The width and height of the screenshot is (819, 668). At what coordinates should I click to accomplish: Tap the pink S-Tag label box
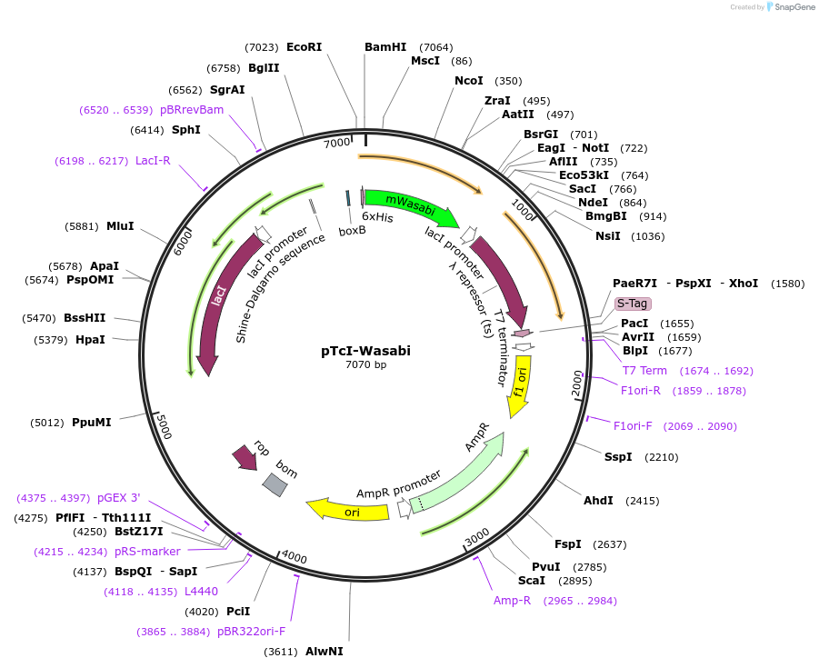pos(633,304)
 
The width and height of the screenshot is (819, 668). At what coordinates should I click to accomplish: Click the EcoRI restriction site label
pos(304,47)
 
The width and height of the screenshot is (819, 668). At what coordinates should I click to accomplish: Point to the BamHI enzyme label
pos(385,47)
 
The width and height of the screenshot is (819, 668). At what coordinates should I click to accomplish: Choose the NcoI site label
pos(469,81)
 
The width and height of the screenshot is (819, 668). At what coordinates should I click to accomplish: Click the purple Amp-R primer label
pos(512,601)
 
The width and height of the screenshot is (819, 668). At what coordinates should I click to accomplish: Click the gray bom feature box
pos(275,484)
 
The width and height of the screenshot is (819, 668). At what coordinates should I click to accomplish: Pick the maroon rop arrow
pos(245,456)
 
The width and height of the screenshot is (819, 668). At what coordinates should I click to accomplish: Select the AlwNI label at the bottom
pos(324,652)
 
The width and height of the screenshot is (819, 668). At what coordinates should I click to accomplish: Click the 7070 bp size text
pos(365,365)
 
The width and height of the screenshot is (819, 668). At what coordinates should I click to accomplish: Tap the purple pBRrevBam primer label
pos(192,110)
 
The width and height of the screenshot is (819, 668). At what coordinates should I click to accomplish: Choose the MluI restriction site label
pos(120,225)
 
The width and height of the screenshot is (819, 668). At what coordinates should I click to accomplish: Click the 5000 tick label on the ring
pos(164,426)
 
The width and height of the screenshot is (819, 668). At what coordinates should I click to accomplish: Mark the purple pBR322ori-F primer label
pos(251,632)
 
